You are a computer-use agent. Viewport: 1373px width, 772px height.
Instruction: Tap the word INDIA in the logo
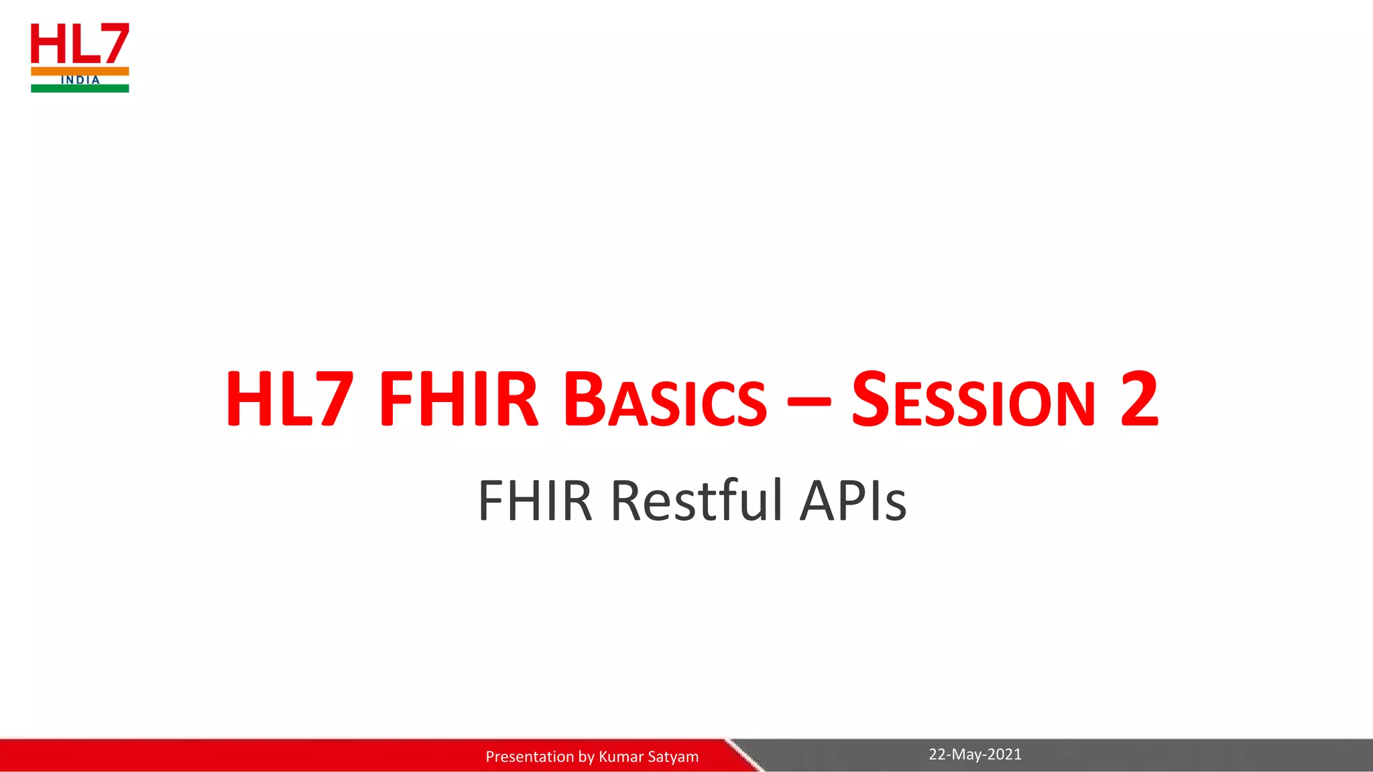click(x=80, y=80)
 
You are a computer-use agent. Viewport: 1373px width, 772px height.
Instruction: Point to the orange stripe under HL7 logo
click(x=80, y=70)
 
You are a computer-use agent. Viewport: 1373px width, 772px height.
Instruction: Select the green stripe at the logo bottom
click(x=80, y=88)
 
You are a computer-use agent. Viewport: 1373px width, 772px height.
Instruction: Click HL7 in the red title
click(x=289, y=401)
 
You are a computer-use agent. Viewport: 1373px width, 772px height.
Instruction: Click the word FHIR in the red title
click(x=458, y=401)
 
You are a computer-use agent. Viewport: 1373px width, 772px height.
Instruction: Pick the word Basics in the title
click(x=664, y=401)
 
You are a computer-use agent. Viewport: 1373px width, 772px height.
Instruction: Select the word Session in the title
click(x=973, y=401)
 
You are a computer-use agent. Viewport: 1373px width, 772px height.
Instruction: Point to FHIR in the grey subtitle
click(x=534, y=501)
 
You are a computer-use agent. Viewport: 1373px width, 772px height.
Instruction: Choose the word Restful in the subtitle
click(x=696, y=501)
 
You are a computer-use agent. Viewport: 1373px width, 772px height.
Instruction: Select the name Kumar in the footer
click(x=621, y=757)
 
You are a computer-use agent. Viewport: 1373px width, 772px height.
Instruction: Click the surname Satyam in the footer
click(x=673, y=757)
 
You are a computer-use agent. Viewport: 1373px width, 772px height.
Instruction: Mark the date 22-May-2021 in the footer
click(x=975, y=755)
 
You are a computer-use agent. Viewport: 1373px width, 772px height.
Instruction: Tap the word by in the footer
click(x=586, y=757)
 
